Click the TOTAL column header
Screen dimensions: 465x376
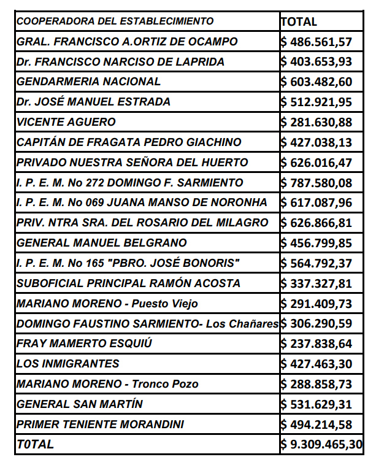click(x=299, y=21)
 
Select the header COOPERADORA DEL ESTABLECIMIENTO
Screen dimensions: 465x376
click(x=115, y=21)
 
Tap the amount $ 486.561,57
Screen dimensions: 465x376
click(x=317, y=42)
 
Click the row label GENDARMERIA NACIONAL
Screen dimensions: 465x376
click(x=88, y=82)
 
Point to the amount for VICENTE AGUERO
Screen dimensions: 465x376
click(x=317, y=122)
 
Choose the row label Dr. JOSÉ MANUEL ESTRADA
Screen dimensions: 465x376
click(x=94, y=102)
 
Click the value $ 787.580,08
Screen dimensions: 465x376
click(x=317, y=183)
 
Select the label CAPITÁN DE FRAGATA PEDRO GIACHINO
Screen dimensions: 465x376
click(x=129, y=142)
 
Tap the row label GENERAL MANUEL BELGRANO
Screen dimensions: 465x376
click(x=102, y=243)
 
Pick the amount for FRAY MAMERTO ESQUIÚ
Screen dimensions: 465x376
click(x=317, y=344)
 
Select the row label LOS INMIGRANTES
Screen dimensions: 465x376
click(x=68, y=364)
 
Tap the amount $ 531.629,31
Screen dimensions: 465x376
click(x=317, y=404)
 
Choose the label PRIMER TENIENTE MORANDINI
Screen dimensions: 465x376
click(x=101, y=424)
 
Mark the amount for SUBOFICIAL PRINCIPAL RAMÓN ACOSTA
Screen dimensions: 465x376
click(x=317, y=283)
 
